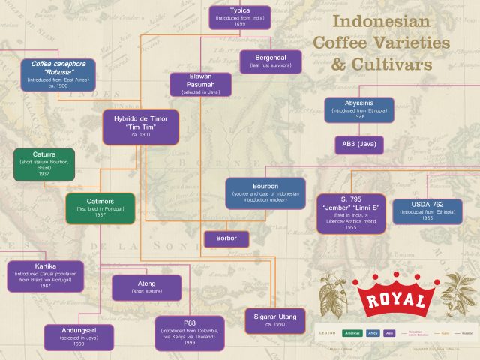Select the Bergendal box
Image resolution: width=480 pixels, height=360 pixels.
point(270,61)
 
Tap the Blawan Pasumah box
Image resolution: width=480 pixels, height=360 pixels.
point(200,85)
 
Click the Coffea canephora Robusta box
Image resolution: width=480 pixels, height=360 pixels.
point(58,75)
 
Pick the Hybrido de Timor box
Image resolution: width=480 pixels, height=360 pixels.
point(141,127)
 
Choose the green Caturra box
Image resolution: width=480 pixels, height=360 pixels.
point(43,165)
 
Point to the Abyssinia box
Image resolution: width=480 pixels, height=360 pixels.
point(359,109)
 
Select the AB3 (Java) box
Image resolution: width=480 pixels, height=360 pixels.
point(359,145)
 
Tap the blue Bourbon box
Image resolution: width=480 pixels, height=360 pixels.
point(265,193)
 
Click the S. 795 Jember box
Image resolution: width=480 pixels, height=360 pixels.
point(351,212)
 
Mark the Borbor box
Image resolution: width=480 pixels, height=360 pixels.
point(226,239)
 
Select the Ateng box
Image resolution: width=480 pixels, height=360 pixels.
point(146,287)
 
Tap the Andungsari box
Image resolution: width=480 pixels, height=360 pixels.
point(78,337)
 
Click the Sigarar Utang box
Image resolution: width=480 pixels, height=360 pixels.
point(274,320)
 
